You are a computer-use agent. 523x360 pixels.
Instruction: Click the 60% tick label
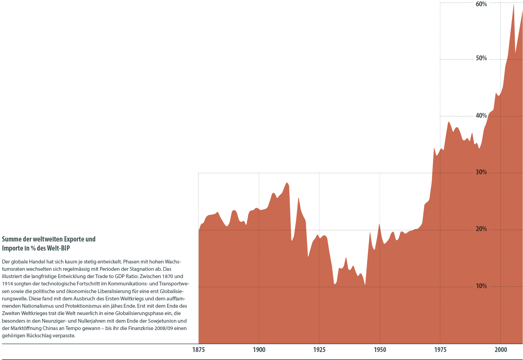pyautogui.click(x=481, y=4)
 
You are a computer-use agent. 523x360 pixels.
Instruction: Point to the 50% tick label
pyautogui.click(x=481, y=58)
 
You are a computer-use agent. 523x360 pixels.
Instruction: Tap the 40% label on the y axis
pyautogui.click(x=481, y=116)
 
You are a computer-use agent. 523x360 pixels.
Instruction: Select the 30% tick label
pyautogui.click(x=481, y=173)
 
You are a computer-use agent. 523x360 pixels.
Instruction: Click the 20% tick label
pyautogui.click(x=481, y=229)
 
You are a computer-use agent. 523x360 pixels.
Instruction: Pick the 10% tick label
pyautogui.click(x=481, y=286)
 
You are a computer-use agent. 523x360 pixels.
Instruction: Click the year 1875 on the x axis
pyautogui.click(x=198, y=350)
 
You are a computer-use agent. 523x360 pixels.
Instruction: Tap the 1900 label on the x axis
pyautogui.click(x=259, y=350)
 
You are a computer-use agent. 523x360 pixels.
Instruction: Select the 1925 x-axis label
pyautogui.click(x=319, y=350)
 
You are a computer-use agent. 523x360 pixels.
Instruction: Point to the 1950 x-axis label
pyautogui.click(x=380, y=350)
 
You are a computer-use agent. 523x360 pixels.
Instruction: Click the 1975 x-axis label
pyautogui.click(x=440, y=350)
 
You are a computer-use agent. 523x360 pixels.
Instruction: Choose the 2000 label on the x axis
pyautogui.click(x=501, y=350)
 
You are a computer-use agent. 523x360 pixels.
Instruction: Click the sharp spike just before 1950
pyautogui.click(x=370, y=232)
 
